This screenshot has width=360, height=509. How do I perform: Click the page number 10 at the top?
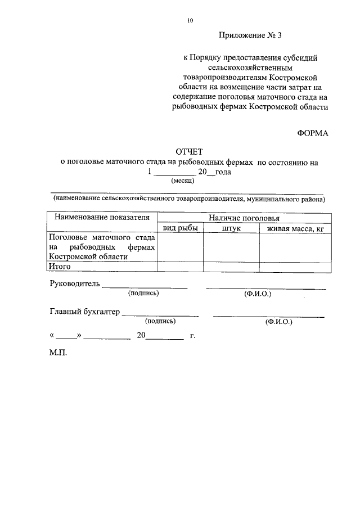190,21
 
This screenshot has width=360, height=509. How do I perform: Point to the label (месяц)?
183,182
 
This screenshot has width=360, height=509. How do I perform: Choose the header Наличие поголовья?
244,218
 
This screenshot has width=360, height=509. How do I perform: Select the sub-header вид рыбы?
180,228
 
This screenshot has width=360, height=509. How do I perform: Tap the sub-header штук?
231,228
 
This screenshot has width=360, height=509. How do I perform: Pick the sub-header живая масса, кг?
295,228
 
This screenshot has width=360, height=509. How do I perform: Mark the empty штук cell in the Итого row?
231,267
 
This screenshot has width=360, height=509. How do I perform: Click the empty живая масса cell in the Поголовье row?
295,247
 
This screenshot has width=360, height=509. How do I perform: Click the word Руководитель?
74,283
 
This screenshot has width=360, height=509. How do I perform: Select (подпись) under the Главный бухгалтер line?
160,321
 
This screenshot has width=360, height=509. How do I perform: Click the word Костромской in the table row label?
70,256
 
